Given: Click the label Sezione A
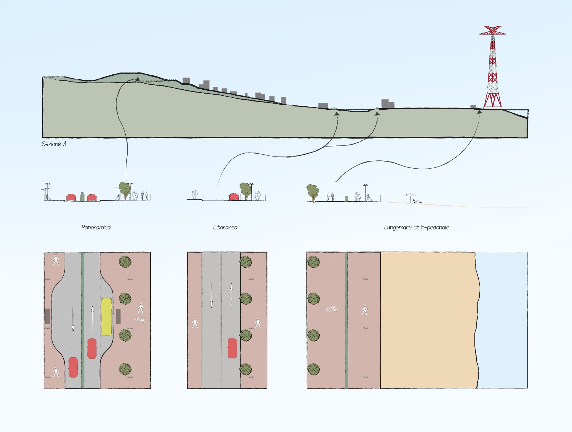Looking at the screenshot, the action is click(x=54, y=144).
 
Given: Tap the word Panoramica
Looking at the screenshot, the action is click(x=96, y=227).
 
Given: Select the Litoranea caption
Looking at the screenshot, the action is click(x=225, y=227).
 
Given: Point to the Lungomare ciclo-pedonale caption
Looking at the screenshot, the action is click(x=416, y=227).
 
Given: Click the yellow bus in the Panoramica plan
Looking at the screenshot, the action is click(x=107, y=316).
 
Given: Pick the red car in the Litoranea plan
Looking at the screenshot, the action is click(x=232, y=348).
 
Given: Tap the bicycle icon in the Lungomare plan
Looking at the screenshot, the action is click(x=332, y=309).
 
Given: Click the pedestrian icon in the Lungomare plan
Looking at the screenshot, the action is click(x=365, y=310).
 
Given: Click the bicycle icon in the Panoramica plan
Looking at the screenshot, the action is click(x=140, y=319).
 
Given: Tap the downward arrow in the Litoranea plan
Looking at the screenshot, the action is click(x=211, y=295).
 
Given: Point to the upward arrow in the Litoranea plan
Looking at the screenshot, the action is click(x=231, y=296).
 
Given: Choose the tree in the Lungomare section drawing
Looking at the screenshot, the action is click(x=312, y=193).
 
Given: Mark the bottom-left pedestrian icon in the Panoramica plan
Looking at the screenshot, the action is click(x=56, y=372).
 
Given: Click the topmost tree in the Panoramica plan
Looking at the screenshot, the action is click(x=125, y=262).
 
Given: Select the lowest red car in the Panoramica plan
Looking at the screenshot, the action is click(x=73, y=367).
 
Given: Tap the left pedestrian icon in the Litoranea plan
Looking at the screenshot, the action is click(x=195, y=323).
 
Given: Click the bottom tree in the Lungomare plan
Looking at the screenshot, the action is click(x=313, y=369).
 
